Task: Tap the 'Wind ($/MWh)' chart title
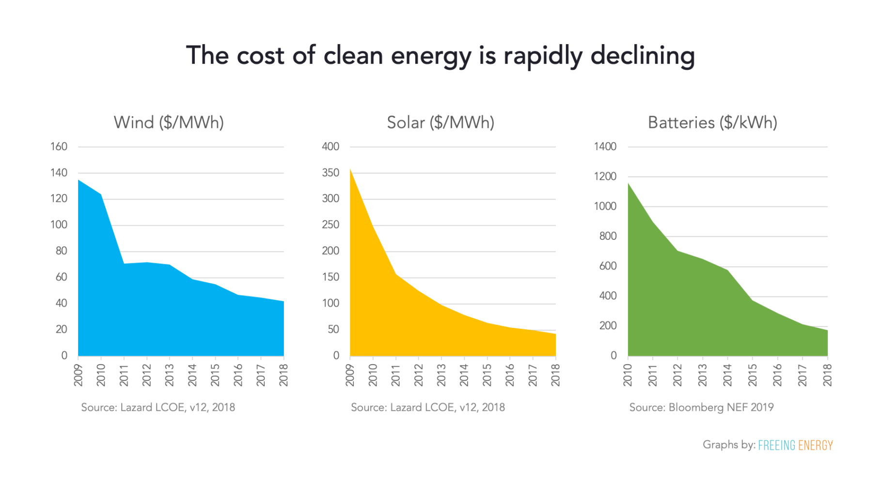point(169,123)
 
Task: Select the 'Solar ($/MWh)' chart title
point(440,123)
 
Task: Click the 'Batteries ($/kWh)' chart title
point(712,123)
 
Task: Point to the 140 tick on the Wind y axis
point(59,173)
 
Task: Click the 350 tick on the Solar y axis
point(331,173)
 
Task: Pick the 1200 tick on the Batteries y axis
point(605,177)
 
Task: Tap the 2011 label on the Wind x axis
point(124,375)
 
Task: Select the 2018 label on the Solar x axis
point(556,375)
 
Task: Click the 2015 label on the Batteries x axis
point(752,375)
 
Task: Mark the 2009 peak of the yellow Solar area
point(350,170)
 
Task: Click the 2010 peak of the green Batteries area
point(629,183)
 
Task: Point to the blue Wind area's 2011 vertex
point(124,263)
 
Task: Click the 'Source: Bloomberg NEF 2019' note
point(701,407)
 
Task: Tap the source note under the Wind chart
point(158,407)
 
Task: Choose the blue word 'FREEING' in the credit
point(776,445)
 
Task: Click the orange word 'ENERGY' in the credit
point(815,445)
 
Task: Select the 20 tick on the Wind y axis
point(61,329)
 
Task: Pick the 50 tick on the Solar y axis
point(333,329)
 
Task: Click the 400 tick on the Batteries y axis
point(607,296)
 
